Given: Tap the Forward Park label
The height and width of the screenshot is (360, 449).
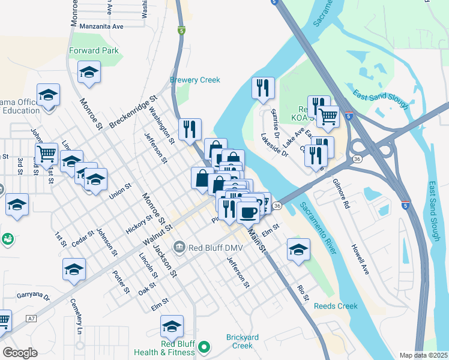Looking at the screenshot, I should pyautogui.click(x=94, y=51).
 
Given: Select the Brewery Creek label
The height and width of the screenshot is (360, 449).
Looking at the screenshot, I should pyautogui.click(x=195, y=80).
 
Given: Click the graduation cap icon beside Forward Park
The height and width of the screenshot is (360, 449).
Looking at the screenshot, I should pyautogui.click(x=89, y=73).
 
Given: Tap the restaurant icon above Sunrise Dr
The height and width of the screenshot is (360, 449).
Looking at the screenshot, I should pyautogui.click(x=263, y=89).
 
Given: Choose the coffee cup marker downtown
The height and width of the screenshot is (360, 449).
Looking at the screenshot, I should pyautogui.click(x=247, y=211).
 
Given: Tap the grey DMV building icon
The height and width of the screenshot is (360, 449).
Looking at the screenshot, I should pyautogui.click(x=179, y=247).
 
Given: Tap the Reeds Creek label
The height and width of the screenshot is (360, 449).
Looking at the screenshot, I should pyautogui.click(x=336, y=306).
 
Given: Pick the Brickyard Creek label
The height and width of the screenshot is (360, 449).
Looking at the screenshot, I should pyautogui.click(x=243, y=341).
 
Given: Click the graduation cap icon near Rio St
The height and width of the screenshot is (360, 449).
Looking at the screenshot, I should pyautogui.click(x=298, y=251).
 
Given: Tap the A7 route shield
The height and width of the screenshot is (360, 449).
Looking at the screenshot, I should pyautogui.click(x=31, y=319).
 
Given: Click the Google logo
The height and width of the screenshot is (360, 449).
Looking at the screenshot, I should pyautogui.click(x=20, y=353).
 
